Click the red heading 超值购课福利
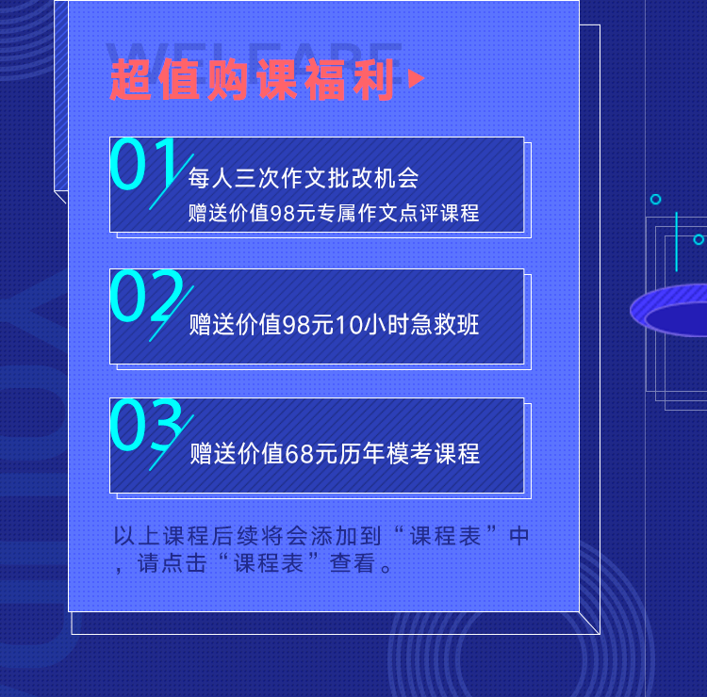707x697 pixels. point(252,80)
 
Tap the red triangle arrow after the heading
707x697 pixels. point(416,79)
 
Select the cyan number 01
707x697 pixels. point(143,164)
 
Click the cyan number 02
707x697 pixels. point(146,295)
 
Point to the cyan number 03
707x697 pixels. point(146,425)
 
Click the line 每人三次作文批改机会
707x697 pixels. point(304,178)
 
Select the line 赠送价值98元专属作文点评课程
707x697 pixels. point(334,213)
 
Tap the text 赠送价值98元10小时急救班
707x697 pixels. point(334,324)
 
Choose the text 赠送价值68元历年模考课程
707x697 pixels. point(335,453)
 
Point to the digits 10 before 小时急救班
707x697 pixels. point(349,325)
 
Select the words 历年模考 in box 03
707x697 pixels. point(386,453)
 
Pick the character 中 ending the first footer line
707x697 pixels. point(518,536)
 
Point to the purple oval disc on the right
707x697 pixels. point(668,310)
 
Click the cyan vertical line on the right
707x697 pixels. point(676,241)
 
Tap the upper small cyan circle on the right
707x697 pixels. point(655,199)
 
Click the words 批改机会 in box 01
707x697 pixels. point(373,178)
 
